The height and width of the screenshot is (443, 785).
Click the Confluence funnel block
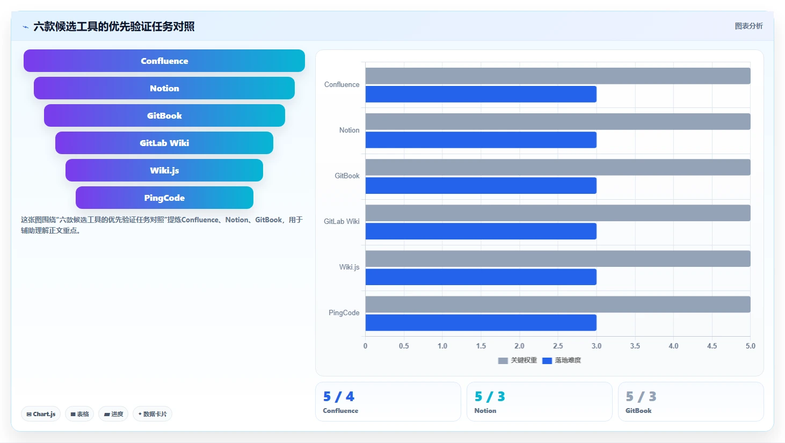coord(164,61)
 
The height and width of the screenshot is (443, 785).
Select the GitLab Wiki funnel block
coord(164,143)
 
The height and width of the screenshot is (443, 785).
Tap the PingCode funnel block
coord(164,198)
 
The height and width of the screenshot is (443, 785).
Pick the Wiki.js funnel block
coord(164,170)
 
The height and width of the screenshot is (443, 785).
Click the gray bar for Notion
coord(558,121)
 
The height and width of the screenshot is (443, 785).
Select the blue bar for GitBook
coord(481,185)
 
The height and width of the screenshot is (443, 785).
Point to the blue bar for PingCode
coord(481,322)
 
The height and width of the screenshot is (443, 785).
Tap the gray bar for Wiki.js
coord(558,259)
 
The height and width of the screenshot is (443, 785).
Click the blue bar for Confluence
coord(481,95)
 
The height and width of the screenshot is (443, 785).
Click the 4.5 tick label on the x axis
coord(712,346)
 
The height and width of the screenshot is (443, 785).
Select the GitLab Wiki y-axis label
coord(341,221)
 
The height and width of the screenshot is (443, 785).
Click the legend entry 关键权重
coord(517,360)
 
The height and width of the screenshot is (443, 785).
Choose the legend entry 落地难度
coord(562,360)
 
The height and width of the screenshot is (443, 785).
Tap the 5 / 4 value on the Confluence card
coord(338,396)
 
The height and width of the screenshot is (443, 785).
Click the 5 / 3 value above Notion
coord(490,396)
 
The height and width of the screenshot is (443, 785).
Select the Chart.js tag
coord(41,414)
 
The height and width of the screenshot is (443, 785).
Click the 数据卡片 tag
coord(152,414)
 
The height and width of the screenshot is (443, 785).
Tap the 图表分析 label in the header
coord(748,26)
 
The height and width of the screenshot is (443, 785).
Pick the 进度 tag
coord(113,414)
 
